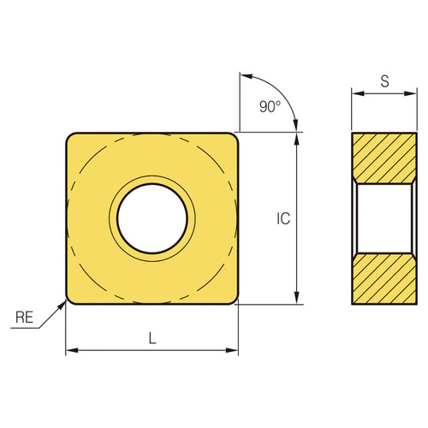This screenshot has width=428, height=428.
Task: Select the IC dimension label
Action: pyautogui.click(x=283, y=218)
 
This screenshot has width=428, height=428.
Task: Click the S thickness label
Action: pyautogui.click(x=384, y=82)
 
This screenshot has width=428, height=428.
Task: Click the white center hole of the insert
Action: pyautogui.click(x=152, y=217)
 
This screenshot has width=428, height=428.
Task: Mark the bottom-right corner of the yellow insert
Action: pyautogui.click(x=234, y=299)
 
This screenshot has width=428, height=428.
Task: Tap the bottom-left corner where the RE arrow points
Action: pyautogui.click(x=70, y=299)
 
